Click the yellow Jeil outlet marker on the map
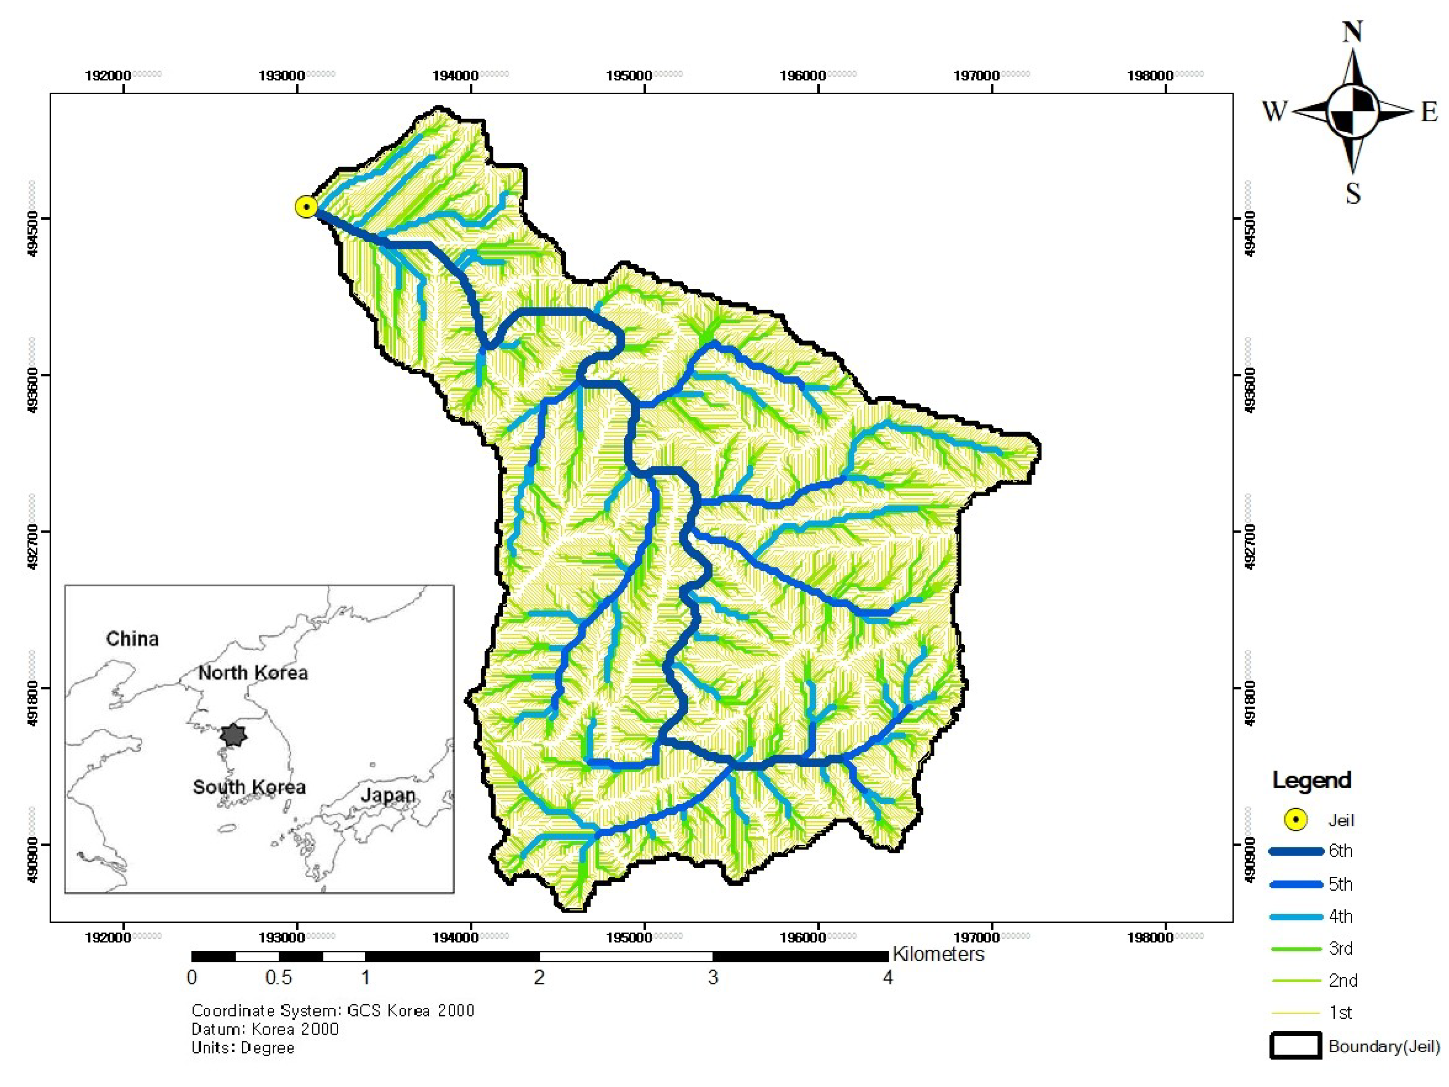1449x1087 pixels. point(306,207)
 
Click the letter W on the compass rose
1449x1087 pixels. point(1274,111)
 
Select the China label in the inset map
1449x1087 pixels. point(132,639)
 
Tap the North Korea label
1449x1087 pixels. point(253,673)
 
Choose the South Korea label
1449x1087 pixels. point(249,787)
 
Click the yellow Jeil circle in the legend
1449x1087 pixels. point(1296,820)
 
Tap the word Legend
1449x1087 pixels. point(1311,780)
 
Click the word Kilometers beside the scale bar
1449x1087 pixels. point(938,954)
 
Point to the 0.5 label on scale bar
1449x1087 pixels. point(279,978)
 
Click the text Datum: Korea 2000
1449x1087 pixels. point(265,1029)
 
